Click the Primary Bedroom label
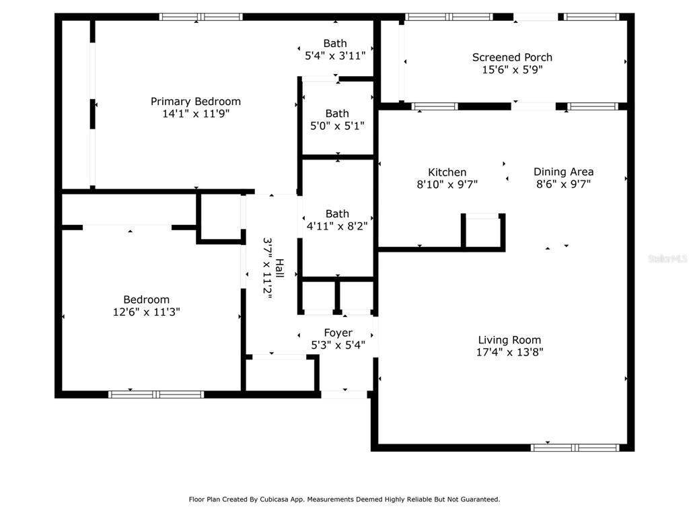[196, 102]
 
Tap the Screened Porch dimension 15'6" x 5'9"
[512, 69]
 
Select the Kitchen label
[447, 172]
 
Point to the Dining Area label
[563, 172]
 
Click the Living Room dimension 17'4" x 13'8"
[510, 352]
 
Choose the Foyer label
[338, 333]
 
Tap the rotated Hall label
[279, 268]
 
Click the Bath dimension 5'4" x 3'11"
[335, 56]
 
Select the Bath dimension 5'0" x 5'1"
[337, 126]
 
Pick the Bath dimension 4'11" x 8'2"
[337, 226]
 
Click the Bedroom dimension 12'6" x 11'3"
[146, 312]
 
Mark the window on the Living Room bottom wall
[575, 448]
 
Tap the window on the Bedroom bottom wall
[156, 394]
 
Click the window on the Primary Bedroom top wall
[201, 17]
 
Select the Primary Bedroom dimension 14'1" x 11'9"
[196, 114]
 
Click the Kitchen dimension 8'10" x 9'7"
[447, 184]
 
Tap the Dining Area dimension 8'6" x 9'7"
[563, 184]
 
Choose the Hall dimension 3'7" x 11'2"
[267, 268]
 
